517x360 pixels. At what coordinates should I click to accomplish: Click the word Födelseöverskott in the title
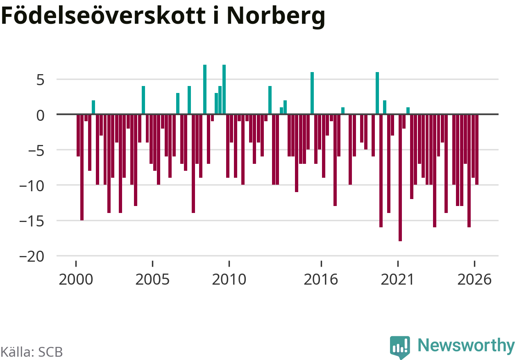click(103, 15)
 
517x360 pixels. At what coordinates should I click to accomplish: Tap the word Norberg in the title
click(276, 17)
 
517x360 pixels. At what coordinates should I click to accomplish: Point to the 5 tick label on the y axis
click(40, 80)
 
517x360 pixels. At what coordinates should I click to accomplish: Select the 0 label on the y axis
click(40, 115)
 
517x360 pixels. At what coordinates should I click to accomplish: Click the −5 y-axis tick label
click(36, 151)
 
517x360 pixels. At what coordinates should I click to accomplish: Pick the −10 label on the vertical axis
click(32, 186)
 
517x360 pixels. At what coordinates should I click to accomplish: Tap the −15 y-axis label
click(32, 222)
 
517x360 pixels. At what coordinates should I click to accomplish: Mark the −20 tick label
click(32, 257)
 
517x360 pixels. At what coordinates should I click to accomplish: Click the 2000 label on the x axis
click(76, 280)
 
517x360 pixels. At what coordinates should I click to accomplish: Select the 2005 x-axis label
click(152, 280)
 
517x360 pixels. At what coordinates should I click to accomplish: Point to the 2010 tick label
click(229, 280)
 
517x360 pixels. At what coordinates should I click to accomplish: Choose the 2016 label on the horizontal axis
click(321, 280)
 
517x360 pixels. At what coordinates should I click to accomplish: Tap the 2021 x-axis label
click(397, 280)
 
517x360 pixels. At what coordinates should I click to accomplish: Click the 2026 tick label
click(474, 280)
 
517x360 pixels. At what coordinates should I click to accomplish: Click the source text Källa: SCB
click(32, 352)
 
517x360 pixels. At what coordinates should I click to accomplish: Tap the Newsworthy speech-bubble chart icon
click(400, 347)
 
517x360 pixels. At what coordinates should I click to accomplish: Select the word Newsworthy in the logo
click(466, 346)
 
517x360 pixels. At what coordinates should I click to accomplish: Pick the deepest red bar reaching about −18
click(400, 178)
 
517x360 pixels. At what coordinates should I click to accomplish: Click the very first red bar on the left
click(78, 136)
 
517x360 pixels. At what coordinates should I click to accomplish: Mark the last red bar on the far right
click(477, 149)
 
